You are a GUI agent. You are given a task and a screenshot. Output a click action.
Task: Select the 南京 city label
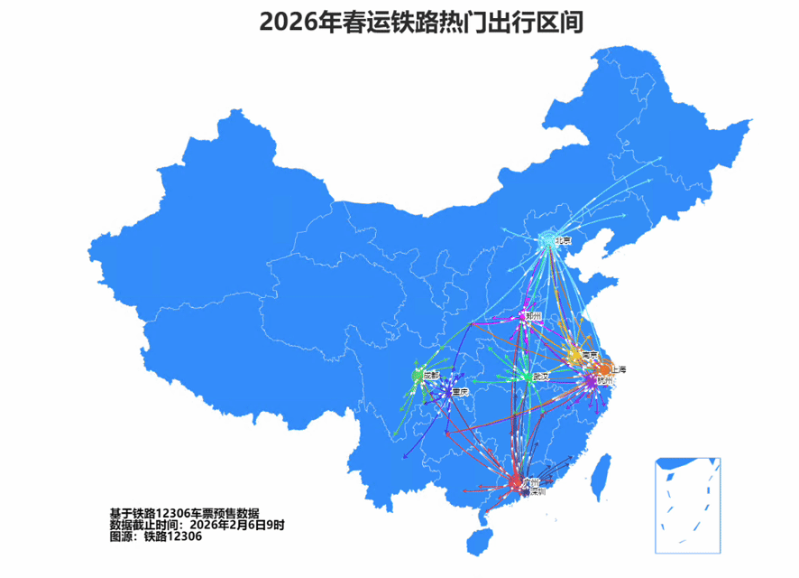(x=591, y=355)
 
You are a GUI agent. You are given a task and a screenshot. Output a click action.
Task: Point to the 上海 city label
(x=618, y=369)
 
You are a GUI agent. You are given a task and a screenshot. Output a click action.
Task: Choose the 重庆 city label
(x=460, y=393)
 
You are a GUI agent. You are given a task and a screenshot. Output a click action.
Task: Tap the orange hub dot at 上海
(x=604, y=368)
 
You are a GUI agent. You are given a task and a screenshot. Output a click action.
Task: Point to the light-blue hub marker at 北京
(x=546, y=241)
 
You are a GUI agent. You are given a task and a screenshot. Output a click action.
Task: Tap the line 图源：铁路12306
(x=155, y=536)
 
